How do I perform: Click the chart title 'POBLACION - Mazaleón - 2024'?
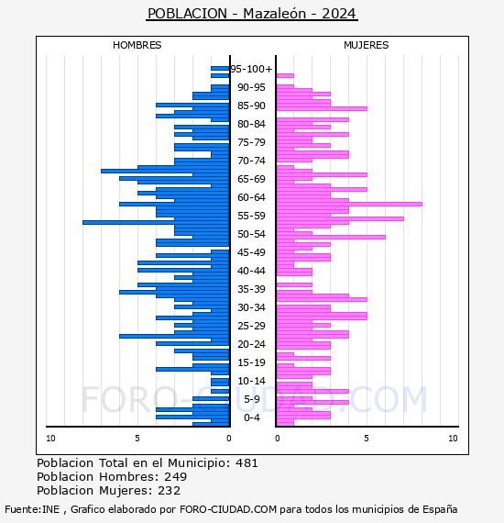pos(252,14)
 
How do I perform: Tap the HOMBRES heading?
pos(137,45)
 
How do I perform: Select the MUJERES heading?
pos(367,45)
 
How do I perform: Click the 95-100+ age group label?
pos(252,69)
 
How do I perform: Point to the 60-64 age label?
pos(251,197)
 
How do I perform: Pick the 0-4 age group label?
pos(252,417)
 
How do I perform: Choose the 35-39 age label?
pos(251,289)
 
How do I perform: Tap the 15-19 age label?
pos(251,362)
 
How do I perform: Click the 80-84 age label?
pos(251,124)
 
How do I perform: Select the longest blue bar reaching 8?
pos(156,222)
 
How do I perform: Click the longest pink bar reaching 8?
pos(349,204)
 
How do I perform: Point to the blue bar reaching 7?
pos(165,171)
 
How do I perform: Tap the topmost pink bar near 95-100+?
pos(285,76)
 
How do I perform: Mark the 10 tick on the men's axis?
pos(50,439)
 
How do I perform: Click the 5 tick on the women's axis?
pos(367,439)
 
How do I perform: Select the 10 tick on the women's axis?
pos(453,439)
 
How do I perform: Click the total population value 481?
pos(247,463)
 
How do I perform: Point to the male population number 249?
pos(176,476)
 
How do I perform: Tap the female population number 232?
pos(170,490)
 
